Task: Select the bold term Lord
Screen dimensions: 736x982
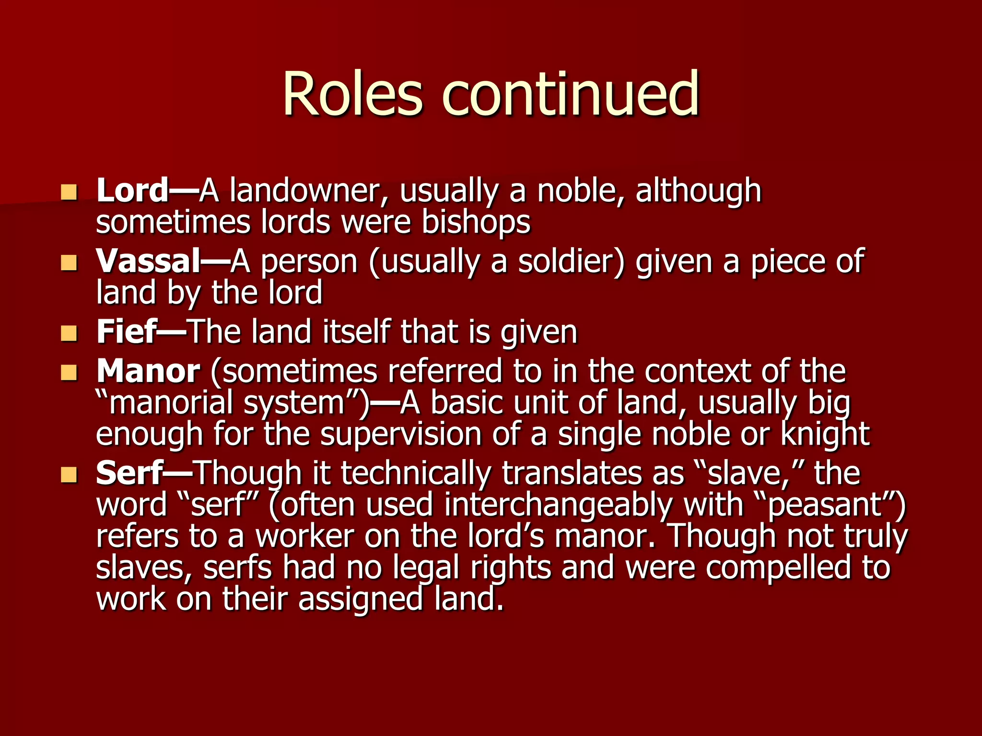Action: click(132, 191)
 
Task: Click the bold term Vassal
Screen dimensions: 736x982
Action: click(148, 262)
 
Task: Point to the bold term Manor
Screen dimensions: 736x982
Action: click(148, 371)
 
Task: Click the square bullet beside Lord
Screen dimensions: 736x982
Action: click(69, 193)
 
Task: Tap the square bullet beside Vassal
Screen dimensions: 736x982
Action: click(69, 263)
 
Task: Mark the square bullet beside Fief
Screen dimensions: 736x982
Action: click(69, 333)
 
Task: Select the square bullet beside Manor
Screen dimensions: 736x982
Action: click(69, 373)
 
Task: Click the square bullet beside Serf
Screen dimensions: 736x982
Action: click(69, 474)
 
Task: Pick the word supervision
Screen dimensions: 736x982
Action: click(401, 434)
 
